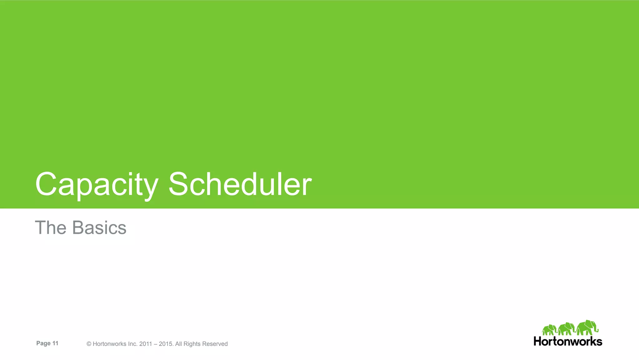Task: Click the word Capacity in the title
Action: coord(97,185)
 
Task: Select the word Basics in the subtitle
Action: coord(99,228)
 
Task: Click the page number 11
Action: coord(55,343)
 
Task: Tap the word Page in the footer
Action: coord(43,343)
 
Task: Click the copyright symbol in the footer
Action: coord(89,344)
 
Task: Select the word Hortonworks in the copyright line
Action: coord(110,344)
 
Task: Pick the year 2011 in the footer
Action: coord(145,344)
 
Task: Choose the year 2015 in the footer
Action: coord(165,344)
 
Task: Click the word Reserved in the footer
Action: coord(215,344)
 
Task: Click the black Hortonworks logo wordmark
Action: coord(568,341)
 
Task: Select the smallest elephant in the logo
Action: coord(549,330)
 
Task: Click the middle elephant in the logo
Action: coord(566,329)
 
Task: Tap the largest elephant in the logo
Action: coord(587,328)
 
